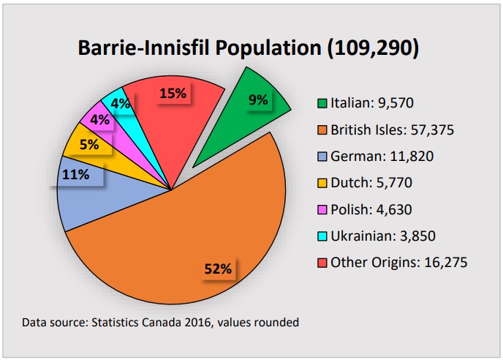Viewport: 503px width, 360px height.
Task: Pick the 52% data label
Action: (x=217, y=269)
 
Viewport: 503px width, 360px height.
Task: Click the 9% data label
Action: (x=258, y=100)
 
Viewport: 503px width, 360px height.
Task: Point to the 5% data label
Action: (x=89, y=144)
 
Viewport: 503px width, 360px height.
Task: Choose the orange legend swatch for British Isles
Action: (x=322, y=130)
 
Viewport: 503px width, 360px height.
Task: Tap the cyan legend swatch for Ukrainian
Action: (x=322, y=236)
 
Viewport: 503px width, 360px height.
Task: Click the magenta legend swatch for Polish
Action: (x=322, y=210)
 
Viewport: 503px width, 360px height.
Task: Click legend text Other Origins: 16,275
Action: (x=398, y=262)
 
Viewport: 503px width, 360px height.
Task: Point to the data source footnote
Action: (x=160, y=322)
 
